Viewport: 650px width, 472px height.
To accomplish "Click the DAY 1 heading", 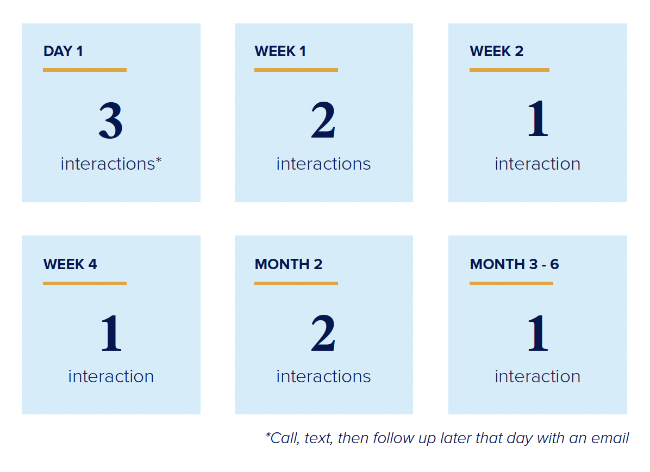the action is (63, 51).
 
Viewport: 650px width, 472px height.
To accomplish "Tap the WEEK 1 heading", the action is (280, 51).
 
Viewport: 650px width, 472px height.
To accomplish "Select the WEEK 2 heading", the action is (497, 51).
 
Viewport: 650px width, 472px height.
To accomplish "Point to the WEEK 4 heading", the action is (70, 264).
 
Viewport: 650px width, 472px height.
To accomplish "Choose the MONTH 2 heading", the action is (289, 264).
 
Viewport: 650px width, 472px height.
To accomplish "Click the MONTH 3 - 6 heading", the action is (515, 264).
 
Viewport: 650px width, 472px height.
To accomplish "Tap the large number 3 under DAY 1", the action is (111, 121).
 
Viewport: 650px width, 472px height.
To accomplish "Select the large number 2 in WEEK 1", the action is (323, 120).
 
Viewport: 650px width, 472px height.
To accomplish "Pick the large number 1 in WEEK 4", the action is (111, 333).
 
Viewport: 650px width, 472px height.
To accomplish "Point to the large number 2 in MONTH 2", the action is (323, 333).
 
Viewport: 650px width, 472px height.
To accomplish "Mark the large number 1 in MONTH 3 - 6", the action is (537, 333).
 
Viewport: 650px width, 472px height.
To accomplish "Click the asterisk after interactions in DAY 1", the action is (159, 159).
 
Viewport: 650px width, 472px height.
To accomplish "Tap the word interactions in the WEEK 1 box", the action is (324, 164).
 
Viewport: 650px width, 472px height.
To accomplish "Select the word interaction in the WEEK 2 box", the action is (537, 164).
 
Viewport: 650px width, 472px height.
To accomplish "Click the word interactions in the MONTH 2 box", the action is (324, 377).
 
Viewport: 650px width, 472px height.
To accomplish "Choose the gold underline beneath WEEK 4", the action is (85, 283).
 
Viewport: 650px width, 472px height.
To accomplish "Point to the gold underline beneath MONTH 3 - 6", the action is (511, 283).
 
